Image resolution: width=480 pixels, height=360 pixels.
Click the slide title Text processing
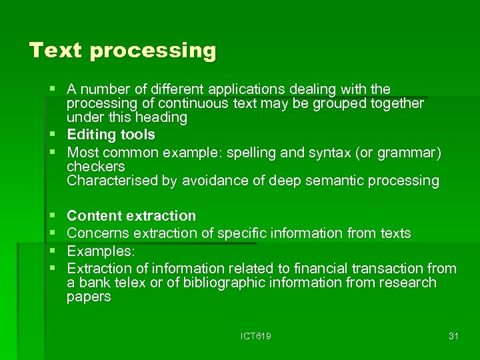[x=123, y=51]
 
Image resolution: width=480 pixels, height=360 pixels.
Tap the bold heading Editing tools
[x=111, y=135]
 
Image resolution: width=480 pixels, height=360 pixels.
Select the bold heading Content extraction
[x=131, y=216]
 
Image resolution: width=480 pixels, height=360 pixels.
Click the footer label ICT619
[x=256, y=337]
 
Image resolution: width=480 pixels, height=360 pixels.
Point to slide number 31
[x=453, y=337]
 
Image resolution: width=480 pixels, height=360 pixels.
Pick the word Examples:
[x=101, y=251]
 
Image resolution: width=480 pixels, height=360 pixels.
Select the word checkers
[x=96, y=167]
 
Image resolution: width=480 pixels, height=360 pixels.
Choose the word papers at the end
[x=89, y=297]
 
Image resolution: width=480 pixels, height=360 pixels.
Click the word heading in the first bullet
[x=161, y=117]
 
